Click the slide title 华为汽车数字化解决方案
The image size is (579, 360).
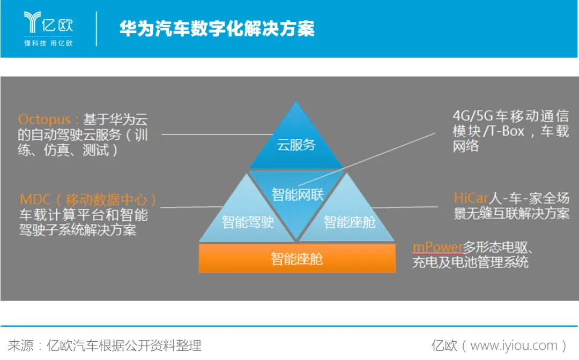point(217,28)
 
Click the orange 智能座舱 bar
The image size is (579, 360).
point(296,259)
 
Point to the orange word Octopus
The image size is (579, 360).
point(44,119)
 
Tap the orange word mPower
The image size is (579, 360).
point(437,247)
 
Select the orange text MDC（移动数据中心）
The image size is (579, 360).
point(88,200)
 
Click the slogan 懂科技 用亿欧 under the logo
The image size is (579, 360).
point(48,43)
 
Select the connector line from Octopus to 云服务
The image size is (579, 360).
point(214,134)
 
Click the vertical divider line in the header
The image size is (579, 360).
point(97,28)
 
